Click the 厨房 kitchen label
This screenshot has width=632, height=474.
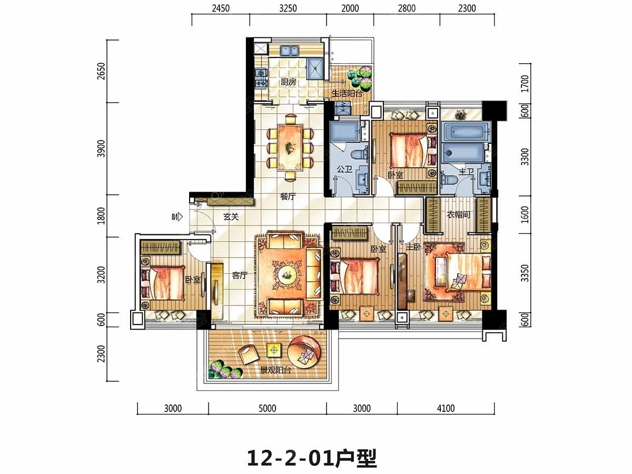(x=288, y=82)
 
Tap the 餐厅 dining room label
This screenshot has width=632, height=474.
(x=288, y=196)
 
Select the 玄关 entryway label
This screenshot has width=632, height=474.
(x=231, y=216)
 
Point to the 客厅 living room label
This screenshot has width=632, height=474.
(x=240, y=275)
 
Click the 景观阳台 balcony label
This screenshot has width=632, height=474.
(x=275, y=370)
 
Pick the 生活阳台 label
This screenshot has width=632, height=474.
(x=347, y=93)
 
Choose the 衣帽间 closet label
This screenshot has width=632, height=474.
(x=458, y=214)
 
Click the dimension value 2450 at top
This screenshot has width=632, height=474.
(x=221, y=8)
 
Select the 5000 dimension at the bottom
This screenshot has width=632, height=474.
(x=267, y=408)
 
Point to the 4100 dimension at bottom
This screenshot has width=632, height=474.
(x=446, y=408)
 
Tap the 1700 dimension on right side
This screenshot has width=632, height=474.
(x=525, y=83)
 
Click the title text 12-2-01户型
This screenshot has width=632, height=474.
(x=312, y=458)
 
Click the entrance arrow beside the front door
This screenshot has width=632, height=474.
(x=177, y=216)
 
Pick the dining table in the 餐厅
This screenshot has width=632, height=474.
(x=290, y=148)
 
